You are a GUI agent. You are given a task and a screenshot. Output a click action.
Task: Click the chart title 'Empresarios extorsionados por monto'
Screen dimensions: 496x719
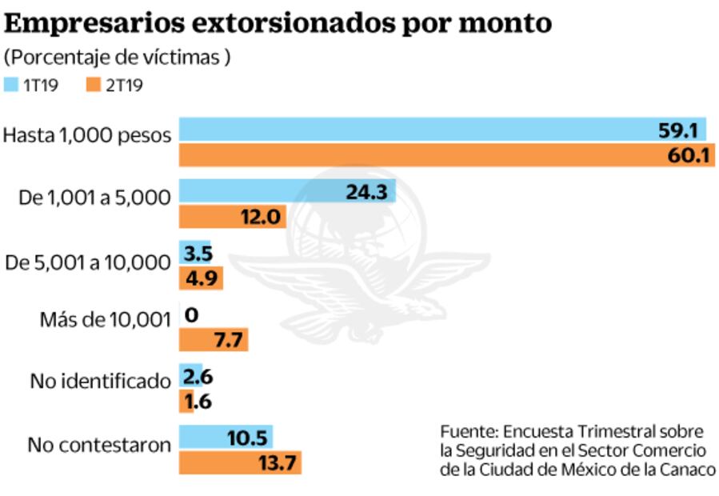coord(278,23)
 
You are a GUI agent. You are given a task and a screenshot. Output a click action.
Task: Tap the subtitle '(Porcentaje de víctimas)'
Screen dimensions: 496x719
coord(118,58)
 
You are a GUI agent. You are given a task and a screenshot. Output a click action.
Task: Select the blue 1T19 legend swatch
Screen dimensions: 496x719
coord(12,84)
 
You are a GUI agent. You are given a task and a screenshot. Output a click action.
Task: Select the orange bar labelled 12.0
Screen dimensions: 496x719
coord(232,216)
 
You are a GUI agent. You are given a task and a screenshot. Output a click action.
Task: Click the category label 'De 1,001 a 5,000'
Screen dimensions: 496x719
coord(94,198)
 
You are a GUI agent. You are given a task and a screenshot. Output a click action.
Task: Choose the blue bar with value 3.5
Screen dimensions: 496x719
coord(194,253)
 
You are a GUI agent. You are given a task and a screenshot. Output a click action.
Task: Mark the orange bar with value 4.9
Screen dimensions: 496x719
coord(200,278)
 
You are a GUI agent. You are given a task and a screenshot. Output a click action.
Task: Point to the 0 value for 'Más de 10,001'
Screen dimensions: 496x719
coord(191,315)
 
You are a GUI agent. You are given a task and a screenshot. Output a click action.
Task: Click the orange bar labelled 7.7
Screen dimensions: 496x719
coord(213,340)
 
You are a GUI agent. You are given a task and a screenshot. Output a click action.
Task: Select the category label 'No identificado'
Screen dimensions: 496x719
coord(101,382)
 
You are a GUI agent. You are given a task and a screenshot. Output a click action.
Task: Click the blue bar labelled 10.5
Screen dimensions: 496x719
coord(226,438)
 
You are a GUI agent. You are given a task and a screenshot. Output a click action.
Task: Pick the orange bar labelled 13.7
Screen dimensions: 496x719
coord(240,462)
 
